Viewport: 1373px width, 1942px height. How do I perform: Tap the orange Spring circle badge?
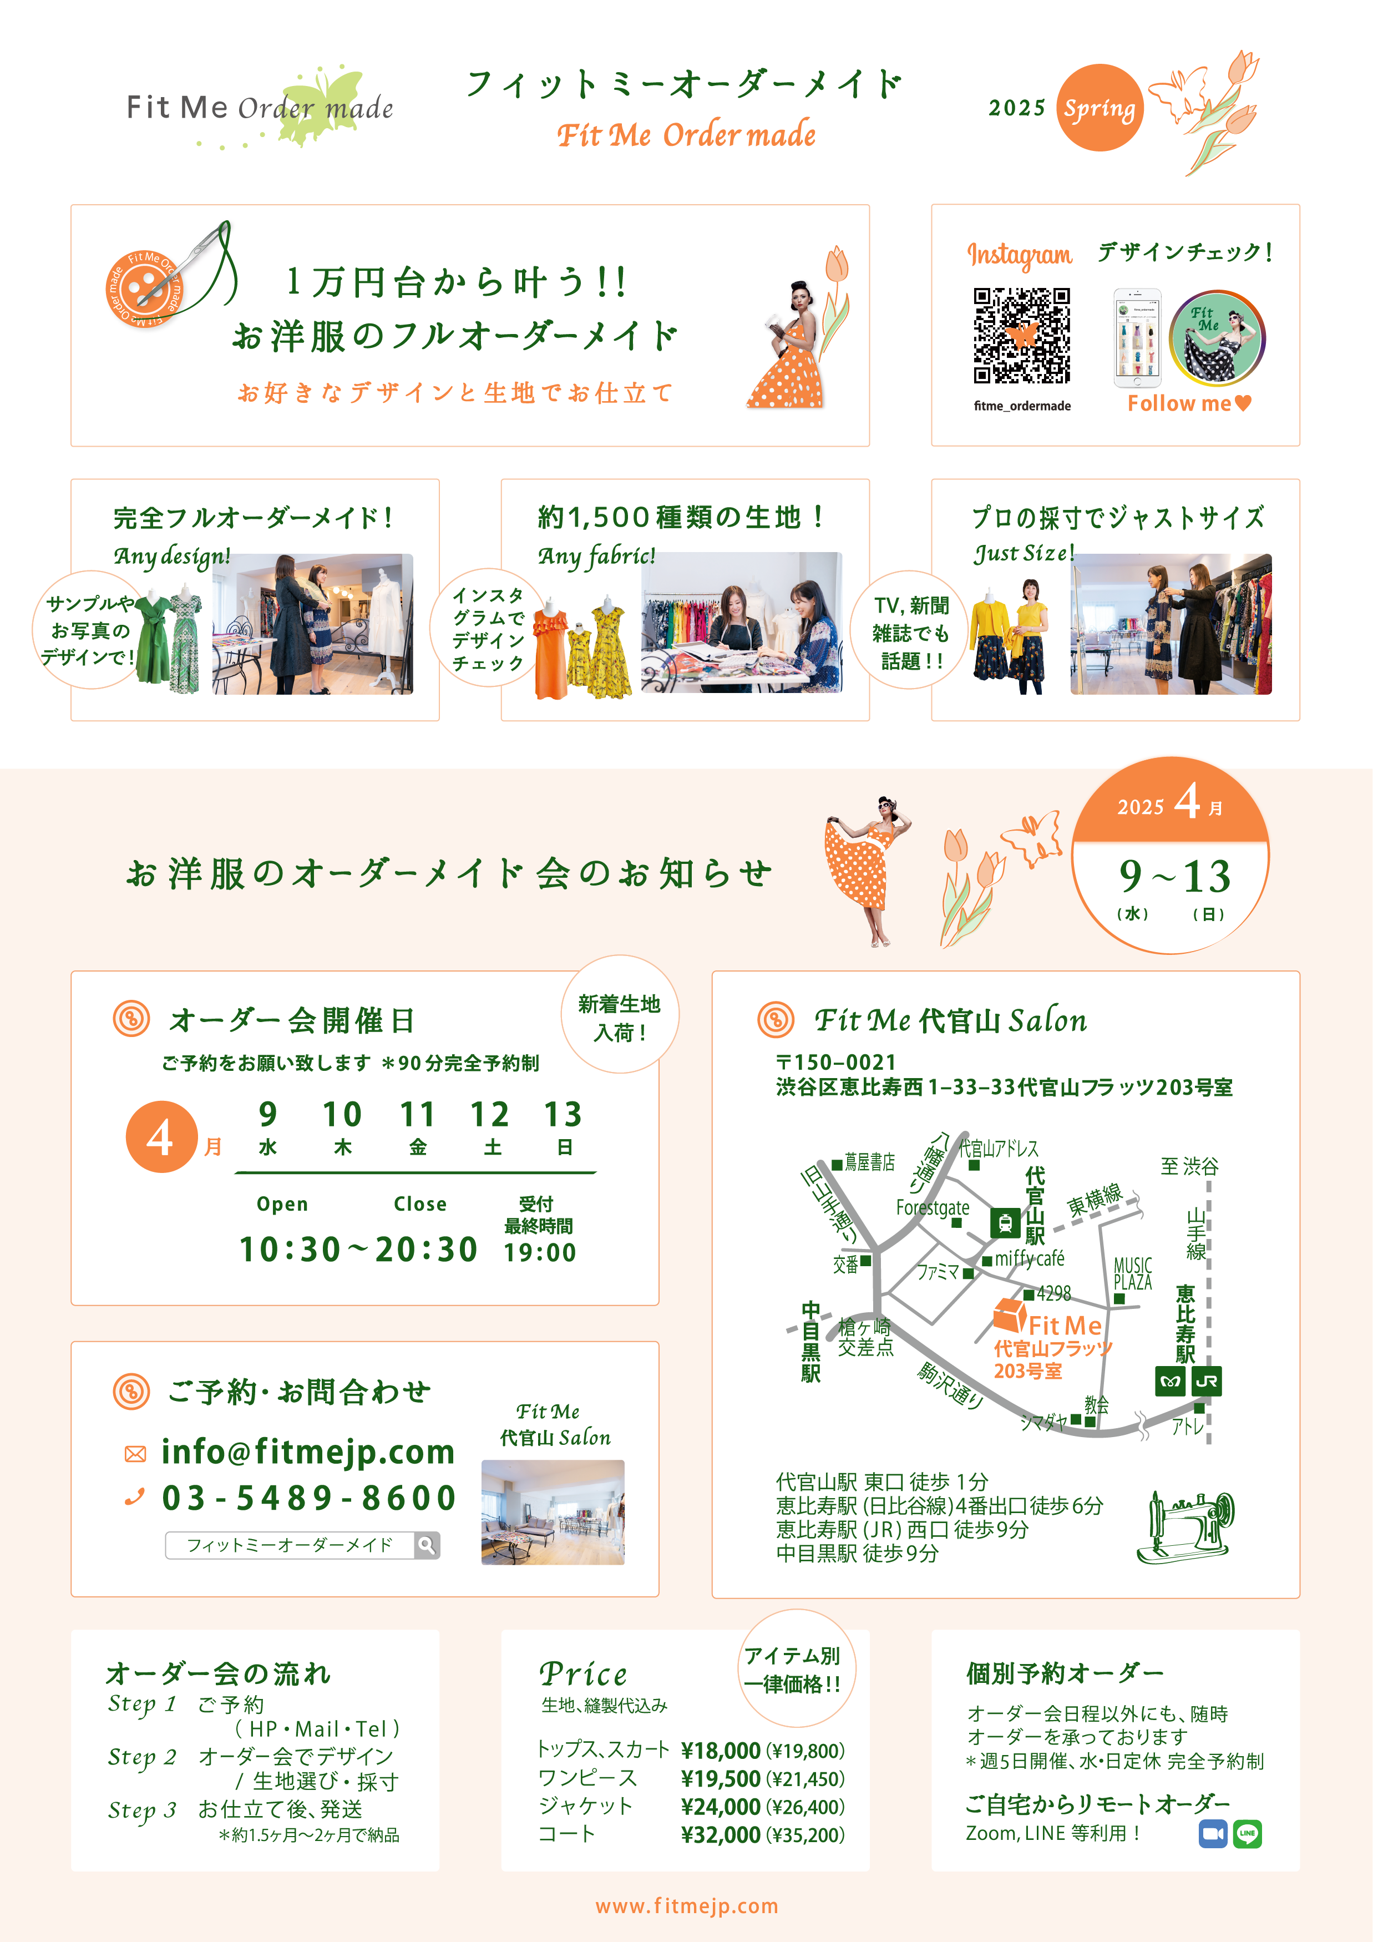pos(1099,108)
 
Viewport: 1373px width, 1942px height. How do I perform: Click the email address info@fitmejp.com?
pos(308,1452)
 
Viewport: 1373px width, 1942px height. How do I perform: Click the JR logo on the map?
pos(1207,1381)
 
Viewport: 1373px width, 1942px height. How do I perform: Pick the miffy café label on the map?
pos(1029,1258)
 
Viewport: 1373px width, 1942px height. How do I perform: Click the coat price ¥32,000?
pos(720,1834)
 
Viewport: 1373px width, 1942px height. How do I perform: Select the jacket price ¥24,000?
pos(720,1807)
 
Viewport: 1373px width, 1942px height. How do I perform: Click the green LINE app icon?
pos(1247,1834)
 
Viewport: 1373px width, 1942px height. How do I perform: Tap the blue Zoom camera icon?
pos(1213,1834)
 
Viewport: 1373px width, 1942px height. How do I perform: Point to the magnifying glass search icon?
pos(427,1545)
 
